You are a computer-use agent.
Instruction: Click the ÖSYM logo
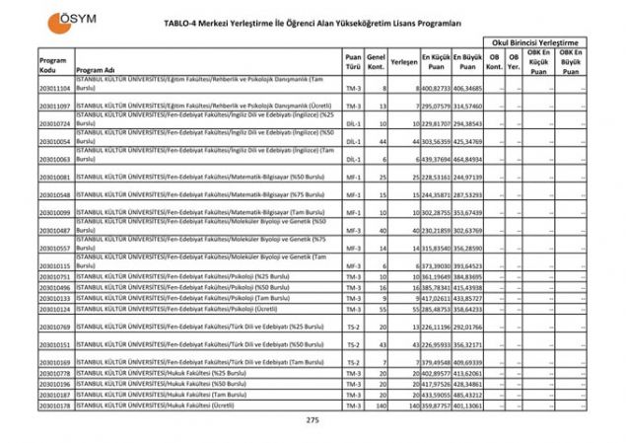[x=65, y=21]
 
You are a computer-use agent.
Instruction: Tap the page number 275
[x=313, y=420]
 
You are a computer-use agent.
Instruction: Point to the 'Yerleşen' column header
[x=402, y=61]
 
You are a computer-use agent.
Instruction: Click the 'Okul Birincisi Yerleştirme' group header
[x=540, y=43]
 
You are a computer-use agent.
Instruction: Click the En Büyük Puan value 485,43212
[x=468, y=395]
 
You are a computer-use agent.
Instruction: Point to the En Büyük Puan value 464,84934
[x=468, y=159]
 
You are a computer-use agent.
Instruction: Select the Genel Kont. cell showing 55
[x=381, y=309]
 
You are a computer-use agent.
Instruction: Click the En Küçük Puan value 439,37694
[x=436, y=159]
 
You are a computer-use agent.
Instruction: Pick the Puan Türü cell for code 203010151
[x=353, y=345]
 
